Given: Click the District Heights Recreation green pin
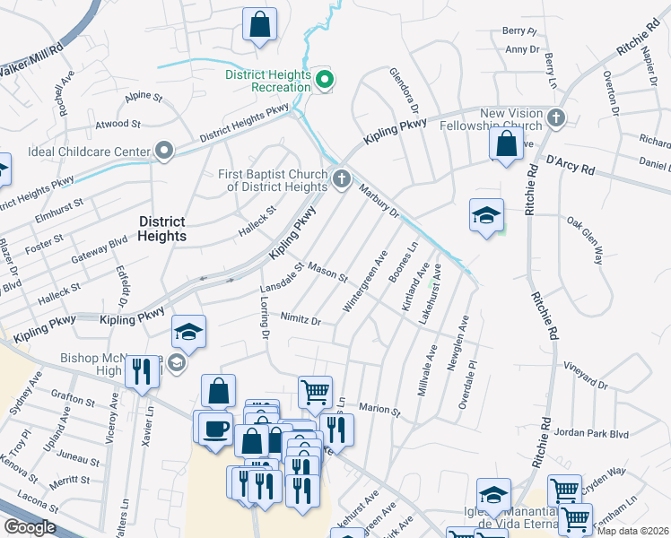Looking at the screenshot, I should click(326, 81).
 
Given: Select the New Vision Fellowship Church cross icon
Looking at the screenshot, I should click(556, 117).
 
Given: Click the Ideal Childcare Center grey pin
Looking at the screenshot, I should click(163, 151).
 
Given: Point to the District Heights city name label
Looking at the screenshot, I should click(162, 229).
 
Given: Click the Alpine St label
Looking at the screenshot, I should click(145, 96).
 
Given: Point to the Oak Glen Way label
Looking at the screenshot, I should click(585, 240).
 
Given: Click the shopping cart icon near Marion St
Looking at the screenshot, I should click(315, 391).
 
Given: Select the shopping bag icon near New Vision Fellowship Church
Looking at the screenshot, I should click(507, 143).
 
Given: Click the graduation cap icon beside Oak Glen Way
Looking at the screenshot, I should click(486, 215).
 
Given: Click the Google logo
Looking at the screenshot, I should click(30, 527).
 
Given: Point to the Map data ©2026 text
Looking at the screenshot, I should click(632, 530).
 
